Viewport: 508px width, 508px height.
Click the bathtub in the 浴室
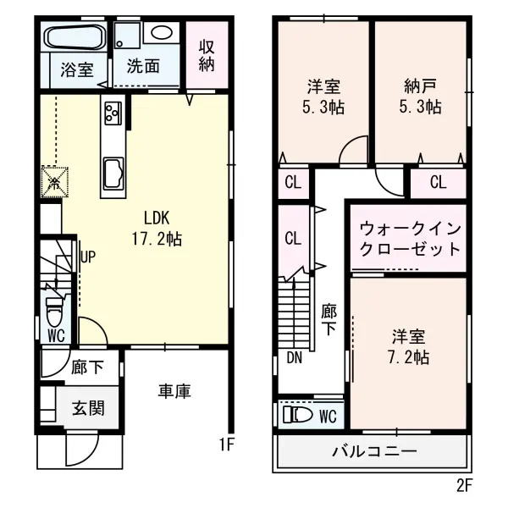pos(73,38)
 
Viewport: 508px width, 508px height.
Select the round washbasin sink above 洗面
pos(161,32)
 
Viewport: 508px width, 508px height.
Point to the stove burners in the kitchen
pos(113,111)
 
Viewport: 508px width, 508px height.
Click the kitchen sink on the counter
pos(113,174)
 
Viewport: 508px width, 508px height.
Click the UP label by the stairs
pos(87,254)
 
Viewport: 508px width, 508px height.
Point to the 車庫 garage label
pos(174,390)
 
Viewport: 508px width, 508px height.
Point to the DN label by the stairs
pos(294,357)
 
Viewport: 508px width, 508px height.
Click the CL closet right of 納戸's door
pos(438,182)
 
